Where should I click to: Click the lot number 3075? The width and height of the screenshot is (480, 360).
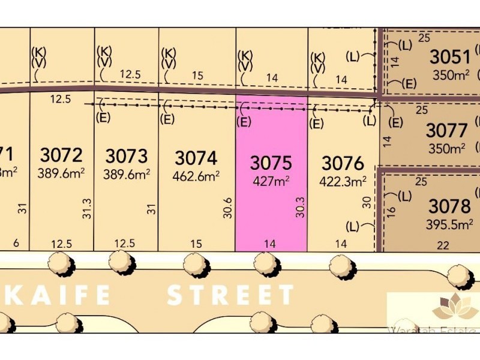[x=271, y=163]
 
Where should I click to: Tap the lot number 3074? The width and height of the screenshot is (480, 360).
[x=196, y=158]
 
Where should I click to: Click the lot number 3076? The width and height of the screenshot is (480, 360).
[x=343, y=163]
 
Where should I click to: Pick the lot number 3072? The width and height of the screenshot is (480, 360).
[x=62, y=155]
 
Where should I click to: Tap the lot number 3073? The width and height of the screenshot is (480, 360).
[x=127, y=156]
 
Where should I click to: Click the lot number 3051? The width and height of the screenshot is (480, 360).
[x=450, y=58]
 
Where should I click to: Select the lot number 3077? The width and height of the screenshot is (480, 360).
[x=446, y=130]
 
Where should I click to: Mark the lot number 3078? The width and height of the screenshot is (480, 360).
[x=449, y=207]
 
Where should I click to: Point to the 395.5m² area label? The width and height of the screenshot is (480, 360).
[x=449, y=224]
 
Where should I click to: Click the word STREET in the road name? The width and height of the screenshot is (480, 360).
[x=230, y=295]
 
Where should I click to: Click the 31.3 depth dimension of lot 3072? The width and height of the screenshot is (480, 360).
[x=87, y=208]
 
